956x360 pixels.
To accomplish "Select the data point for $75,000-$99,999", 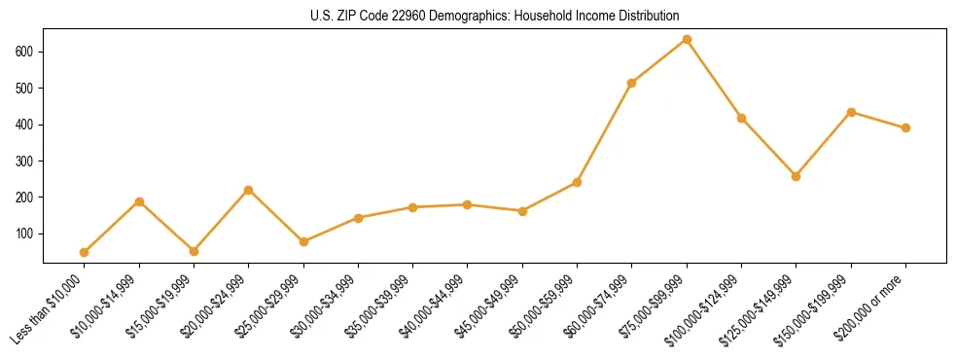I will pyautogui.click(x=687, y=39).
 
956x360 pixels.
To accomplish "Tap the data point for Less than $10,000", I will pyautogui.click(x=85, y=252).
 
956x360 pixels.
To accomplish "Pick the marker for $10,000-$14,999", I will pyautogui.click(x=139, y=201).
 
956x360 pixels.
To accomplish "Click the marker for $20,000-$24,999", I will pyautogui.click(x=249, y=190).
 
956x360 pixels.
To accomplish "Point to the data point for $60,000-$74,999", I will pyautogui.click(x=632, y=83).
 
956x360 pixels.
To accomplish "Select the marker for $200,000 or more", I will pyautogui.click(x=905, y=127).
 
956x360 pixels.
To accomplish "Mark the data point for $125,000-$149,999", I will pyautogui.click(x=796, y=176).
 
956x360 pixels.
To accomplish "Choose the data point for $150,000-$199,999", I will pyautogui.click(x=851, y=112).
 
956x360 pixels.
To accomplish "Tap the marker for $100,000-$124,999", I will pyautogui.click(x=741, y=118).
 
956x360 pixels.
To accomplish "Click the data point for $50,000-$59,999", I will pyautogui.click(x=577, y=182).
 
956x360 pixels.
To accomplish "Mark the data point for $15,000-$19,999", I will pyautogui.click(x=194, y=251).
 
